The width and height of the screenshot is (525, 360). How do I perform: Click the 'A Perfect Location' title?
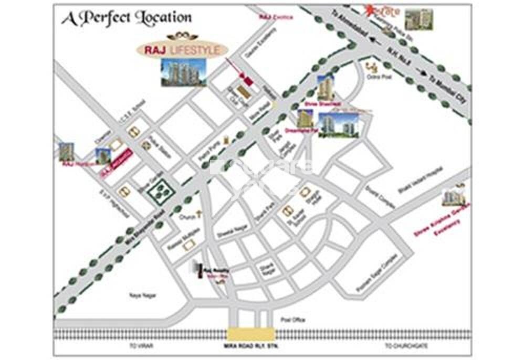click(127, 17)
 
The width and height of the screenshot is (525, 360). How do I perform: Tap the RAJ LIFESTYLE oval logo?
click(182, 49)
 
